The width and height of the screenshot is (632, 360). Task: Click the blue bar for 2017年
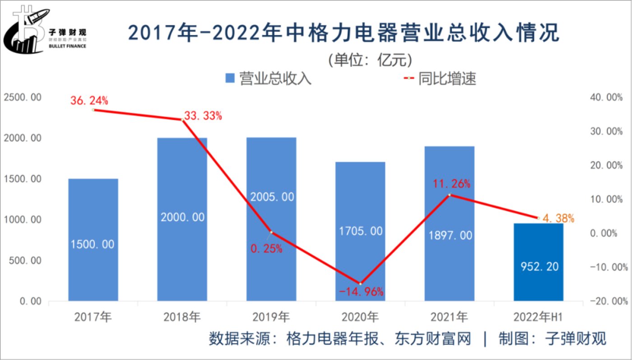coord(93,239)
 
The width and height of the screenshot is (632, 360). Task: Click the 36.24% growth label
coord(89,100)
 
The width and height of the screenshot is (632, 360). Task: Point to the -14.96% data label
coord(361,292)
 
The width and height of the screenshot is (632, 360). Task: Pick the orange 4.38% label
coord(558,219)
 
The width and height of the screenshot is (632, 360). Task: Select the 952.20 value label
coord(539,267)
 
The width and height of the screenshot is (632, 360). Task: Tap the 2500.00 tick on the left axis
coord(23,98)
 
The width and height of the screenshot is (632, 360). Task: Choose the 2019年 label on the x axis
coord(271,318)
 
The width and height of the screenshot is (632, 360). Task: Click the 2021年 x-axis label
coord(450,318)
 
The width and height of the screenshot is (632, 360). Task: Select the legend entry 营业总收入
coord(268,79)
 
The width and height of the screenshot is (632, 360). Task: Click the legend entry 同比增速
coord(440,79)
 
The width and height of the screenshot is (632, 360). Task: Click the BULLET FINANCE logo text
coord(67,46)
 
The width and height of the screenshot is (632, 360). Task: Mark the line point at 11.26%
coord(450,195)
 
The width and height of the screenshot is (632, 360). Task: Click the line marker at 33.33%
coord(182,120)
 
